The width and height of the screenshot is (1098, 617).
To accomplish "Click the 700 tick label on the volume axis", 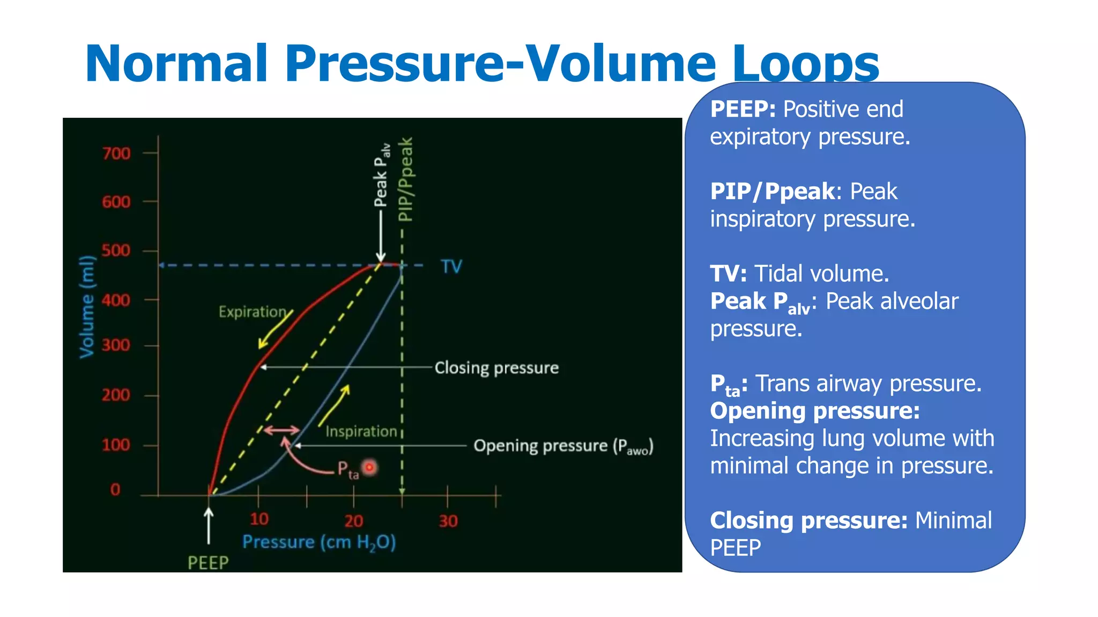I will [x=116, y=154].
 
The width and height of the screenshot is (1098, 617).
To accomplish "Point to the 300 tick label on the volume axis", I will [x=116, y=345].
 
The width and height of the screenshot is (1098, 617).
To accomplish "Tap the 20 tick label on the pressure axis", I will [x=353, y=521].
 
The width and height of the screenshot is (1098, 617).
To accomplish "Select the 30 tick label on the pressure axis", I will [x=448, y=521].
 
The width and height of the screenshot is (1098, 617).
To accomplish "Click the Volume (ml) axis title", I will [x=87, y=306].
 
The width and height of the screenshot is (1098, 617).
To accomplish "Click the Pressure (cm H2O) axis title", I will [x=319, y=542].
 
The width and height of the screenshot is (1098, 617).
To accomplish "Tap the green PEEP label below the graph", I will [x=208, y=563].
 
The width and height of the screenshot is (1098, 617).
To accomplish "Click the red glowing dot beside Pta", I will [x=369, y=468].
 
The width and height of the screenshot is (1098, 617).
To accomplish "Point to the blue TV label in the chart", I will [x=451, y=266].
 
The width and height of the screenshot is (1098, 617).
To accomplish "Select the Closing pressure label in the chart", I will [x=496, y=368].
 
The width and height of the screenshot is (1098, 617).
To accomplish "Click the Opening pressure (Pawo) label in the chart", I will [x=563, y=446].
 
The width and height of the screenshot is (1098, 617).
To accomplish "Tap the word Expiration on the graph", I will [x=253, y=312].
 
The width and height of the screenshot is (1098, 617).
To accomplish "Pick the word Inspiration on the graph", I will [x=361, y=431].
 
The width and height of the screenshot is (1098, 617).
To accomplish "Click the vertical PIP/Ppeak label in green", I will [x=406, y=179].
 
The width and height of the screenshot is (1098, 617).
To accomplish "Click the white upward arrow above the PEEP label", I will [x=209, y=525].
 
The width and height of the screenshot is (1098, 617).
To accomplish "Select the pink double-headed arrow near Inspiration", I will [x=281, y=430].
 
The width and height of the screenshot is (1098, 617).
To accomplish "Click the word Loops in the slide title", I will [x=805, y=64].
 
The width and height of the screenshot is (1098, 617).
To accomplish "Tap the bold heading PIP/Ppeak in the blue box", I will [x=772, y=192].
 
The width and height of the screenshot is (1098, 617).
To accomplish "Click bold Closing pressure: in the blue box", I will [x=808, y=521].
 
